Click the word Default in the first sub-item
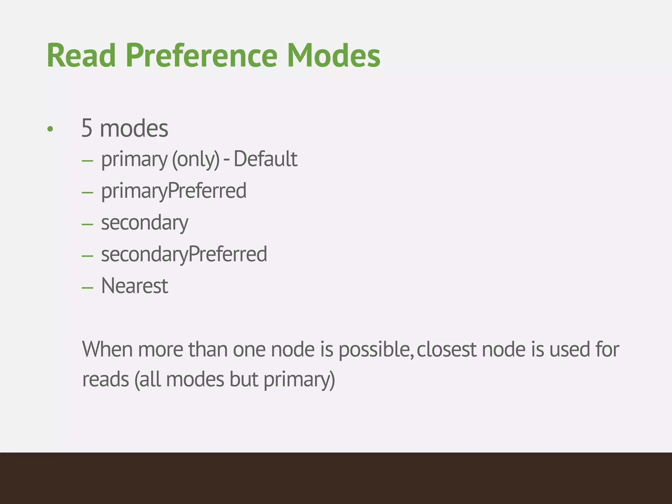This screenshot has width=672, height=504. click(x=265, y=159)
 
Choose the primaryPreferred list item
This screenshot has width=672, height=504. click(x=174, y=191)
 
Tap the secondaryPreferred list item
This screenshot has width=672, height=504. click(x=184, y=254)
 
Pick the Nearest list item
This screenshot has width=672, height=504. click(x=135, y=286)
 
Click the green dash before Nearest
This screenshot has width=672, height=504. click(x=88, y=288)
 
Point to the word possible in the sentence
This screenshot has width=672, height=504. click(x=374, y=350)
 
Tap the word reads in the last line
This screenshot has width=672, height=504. click(x=105, y=380)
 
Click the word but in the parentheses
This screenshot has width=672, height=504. click(x=244, y=380)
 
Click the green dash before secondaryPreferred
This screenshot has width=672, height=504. click(x=88, y=256)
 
